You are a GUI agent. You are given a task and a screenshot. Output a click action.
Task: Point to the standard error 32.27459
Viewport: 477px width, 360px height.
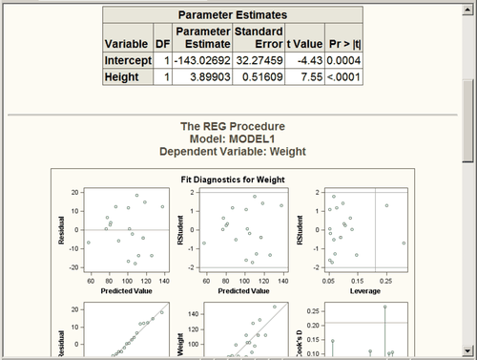(259, 62)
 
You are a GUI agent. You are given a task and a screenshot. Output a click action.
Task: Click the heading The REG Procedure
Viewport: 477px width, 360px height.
(233, 126)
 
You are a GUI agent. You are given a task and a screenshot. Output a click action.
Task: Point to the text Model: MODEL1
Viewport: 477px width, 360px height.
(233, 138)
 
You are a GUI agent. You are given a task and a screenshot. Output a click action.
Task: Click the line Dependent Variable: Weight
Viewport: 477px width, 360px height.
(233, 150)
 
